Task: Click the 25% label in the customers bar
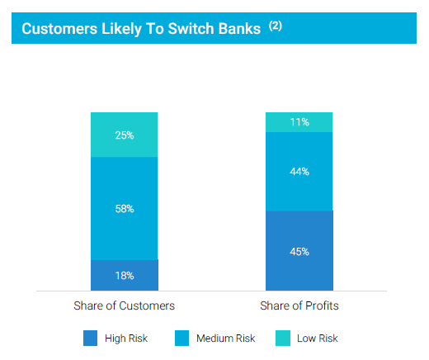(125, 135)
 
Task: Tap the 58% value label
(125, 209)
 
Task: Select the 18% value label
(125, 276)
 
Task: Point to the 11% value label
(299, 122)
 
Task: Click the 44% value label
(299, 172)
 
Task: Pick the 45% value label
(299, 252)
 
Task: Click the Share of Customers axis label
(124, 306)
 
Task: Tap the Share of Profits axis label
(299, 306)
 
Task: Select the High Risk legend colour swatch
(90, 338)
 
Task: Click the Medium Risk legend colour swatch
(181, 338)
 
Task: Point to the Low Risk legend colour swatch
(283, 338)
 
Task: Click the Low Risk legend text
(318, 339)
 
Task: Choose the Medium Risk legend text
(226, 339)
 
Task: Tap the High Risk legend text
(126, 339)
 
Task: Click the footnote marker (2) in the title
(276, 26)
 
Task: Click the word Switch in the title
(191, 29)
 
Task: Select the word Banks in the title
(239, 29)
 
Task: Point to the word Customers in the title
(59, 29)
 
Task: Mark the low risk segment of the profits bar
(299, 122)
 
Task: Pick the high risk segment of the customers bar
(125, 275)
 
